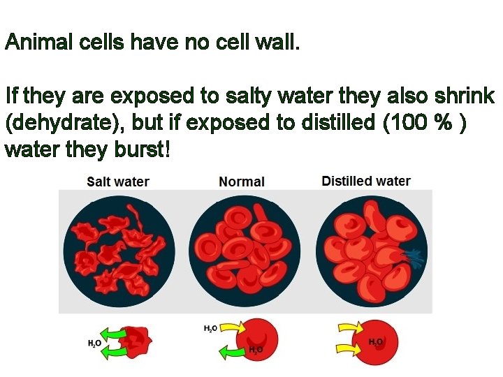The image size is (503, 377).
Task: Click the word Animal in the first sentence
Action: click(33, 43)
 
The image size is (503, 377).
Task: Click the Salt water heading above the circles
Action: click(118, 182)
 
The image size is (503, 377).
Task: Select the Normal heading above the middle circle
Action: click(242, 182)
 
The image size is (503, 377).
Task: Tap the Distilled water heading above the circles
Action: click(366, 181)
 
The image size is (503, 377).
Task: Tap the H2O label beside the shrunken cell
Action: click(95, 343)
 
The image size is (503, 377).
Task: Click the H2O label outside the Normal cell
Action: click(210, 328)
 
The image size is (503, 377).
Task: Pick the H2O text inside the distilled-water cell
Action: click(376, 342)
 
